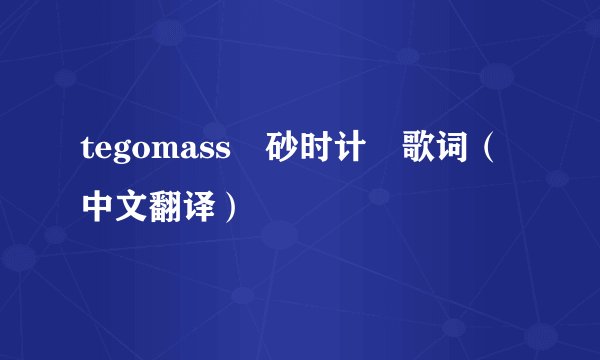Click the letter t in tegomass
point(88,157)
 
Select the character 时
point(317,155)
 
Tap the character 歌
point(420,155)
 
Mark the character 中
point(99,205)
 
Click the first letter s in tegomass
point(207,157)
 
